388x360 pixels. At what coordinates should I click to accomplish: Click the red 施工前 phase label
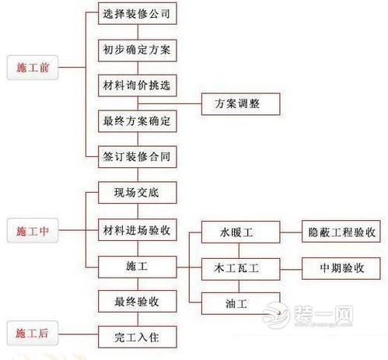[x=32, y=68]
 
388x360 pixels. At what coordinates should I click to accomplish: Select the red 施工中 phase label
[x=32, y=230]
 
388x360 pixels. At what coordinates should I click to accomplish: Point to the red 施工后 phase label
[x=32, y=335]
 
